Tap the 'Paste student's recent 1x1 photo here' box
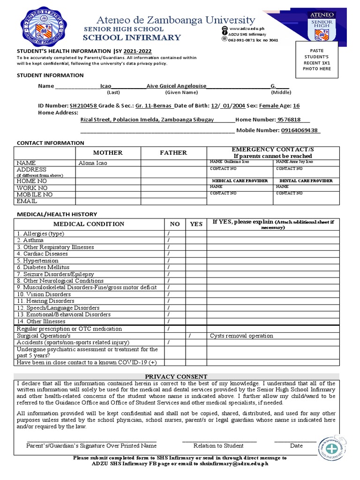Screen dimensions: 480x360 click(320, 60)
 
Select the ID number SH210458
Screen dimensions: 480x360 click(83, 106)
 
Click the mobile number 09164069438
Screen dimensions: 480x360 click(300, 130)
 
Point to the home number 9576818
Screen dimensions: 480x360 click(289, 120)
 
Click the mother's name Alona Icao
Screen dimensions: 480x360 click(93, 163)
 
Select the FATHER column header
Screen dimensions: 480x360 click(173, 153)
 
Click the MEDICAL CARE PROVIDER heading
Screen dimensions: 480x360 click(240, 180)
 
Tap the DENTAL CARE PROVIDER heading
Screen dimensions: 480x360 click(306, 180)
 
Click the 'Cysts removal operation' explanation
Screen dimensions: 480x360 click(241, 336)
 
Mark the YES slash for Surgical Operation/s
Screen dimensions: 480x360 click(190, 336)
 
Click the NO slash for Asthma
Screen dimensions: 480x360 click(168, 240)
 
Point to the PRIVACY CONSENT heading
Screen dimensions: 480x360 click(176, 376)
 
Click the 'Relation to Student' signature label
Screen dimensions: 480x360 click(218, 446)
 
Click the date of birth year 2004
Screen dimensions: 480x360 click(239, 106)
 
